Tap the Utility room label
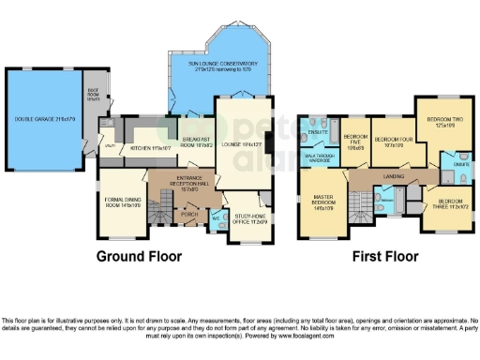[110, 147]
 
